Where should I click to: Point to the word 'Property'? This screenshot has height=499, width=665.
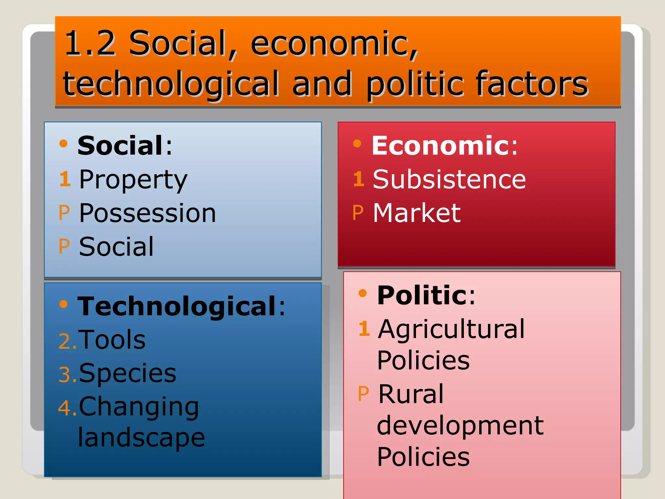click(133, 180)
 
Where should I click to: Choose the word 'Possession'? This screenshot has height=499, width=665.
click(147, 213)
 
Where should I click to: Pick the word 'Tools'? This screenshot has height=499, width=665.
click(112, 339)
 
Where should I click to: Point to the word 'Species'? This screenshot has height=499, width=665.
click(127, 373)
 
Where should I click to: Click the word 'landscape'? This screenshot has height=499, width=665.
click(142, 437)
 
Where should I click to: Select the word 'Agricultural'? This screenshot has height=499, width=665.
click(451, 329)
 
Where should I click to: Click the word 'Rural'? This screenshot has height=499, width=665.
click(411, 394)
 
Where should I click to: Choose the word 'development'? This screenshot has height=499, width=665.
click(460, 425)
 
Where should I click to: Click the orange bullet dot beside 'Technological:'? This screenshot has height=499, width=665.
click(64, 304)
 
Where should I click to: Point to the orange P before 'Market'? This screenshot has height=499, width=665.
click(358, 213)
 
